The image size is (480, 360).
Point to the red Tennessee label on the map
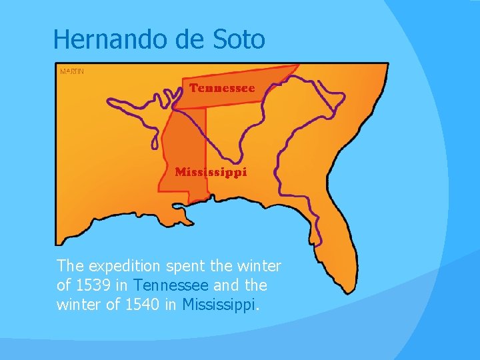[222, 88]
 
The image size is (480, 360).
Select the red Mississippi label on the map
[211, 172]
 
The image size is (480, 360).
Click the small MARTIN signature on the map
[72, 71]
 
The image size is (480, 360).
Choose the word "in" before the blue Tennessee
[125, 285]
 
